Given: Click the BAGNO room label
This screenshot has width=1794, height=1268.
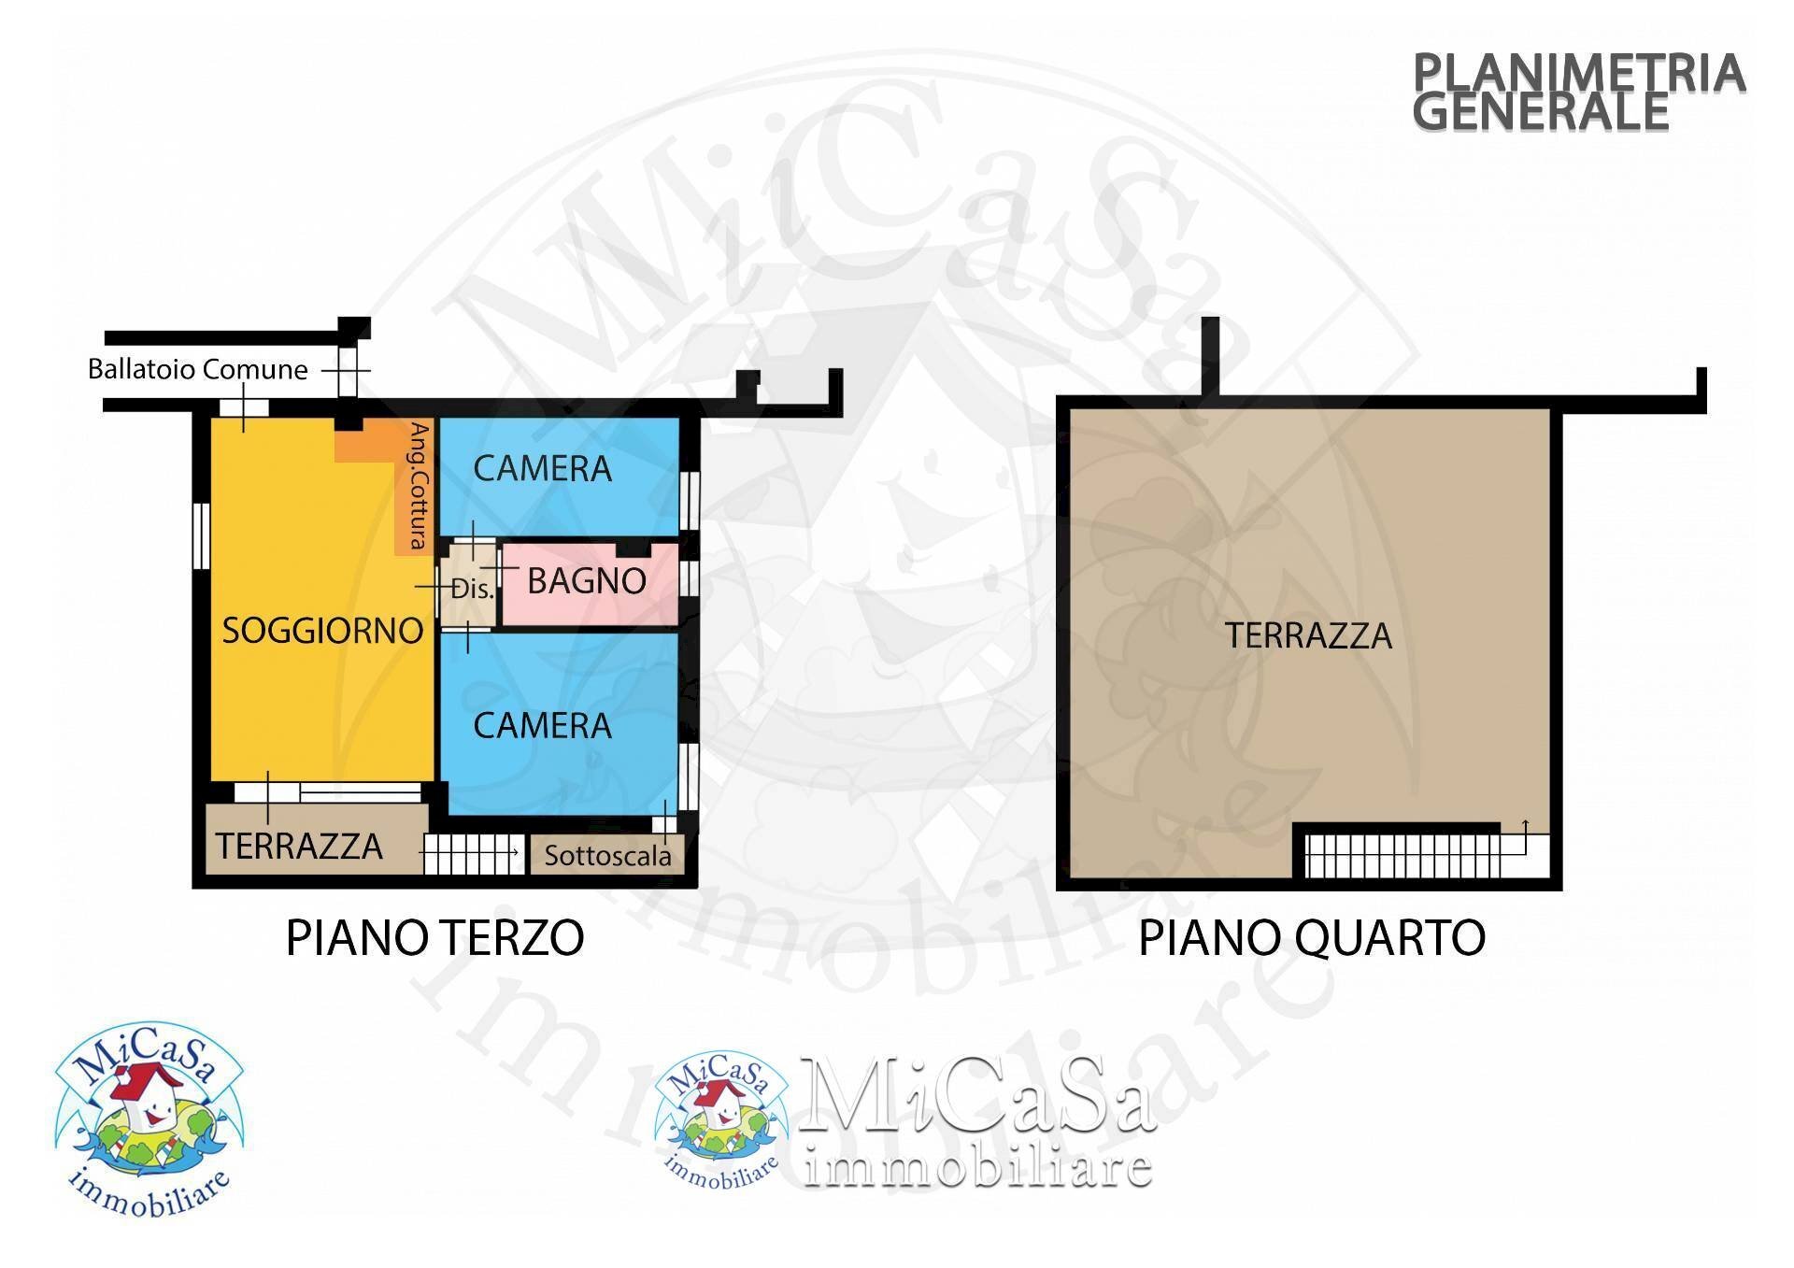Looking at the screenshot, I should click(587, 581).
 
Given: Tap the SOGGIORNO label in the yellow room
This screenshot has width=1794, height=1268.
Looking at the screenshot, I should click(322, 631).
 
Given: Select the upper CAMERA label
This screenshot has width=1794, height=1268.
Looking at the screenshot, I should click(542, 468).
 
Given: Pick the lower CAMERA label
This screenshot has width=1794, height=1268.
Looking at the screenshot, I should click(542, 726).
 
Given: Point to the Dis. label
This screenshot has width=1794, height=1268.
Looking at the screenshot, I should click(472, 590).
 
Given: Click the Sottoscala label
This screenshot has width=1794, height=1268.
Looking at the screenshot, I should click(607, 856).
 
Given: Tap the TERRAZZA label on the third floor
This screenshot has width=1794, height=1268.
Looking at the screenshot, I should click(299, 847).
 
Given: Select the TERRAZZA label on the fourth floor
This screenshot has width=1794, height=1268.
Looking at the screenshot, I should click(1308, 636).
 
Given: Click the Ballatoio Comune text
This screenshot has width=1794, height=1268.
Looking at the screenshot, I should click(198, 370).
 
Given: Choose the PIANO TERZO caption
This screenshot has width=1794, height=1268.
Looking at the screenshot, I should click(434, 938).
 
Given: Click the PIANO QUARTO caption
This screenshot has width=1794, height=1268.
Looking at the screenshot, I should click(1312, 938).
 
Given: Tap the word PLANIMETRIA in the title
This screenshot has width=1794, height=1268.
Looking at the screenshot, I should click(1578, 73).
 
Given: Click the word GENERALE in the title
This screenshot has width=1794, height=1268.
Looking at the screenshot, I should click(1540, 112).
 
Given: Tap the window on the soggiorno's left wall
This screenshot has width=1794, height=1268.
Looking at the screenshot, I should click(201, 535).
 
